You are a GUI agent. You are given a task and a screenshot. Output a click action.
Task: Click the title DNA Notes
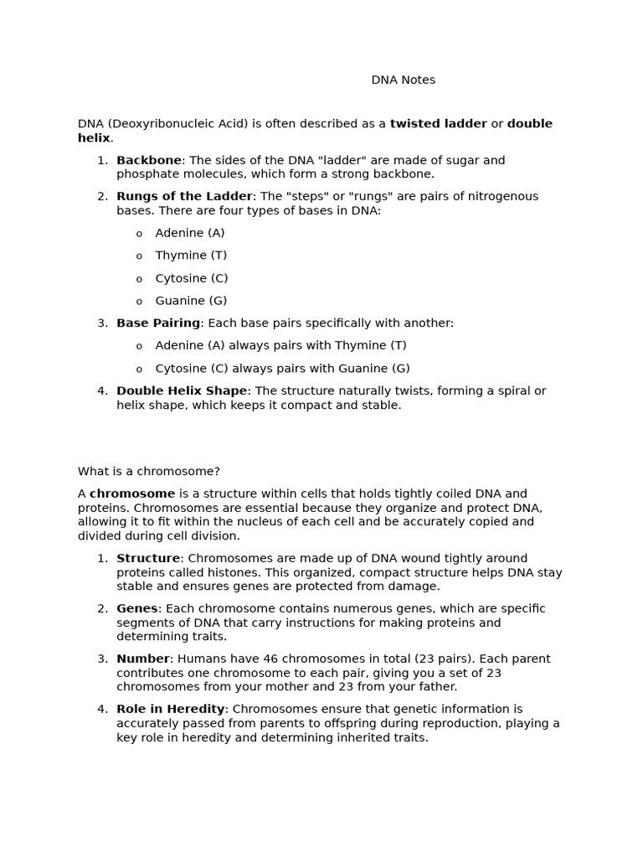pyautogui.click(x=403, y=80)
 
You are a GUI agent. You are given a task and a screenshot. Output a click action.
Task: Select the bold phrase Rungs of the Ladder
pyautogui.click(x=184, y=196)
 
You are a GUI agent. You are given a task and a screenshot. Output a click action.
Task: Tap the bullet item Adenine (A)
pyautogui.click(x=189, y=233)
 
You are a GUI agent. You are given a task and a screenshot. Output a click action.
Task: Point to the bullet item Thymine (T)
pyautogui.click(x=191, y=256)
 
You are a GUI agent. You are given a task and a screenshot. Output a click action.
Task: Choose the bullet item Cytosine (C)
pyautogui.click(x=191, y=278)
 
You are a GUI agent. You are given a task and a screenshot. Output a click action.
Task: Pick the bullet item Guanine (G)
pyautogui.click(x=191, y=301)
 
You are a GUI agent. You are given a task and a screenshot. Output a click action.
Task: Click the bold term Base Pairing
pyautogui.click(x=158, y=323)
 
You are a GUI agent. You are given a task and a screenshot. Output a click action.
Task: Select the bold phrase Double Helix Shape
pyautogui.click(x=182, y=390)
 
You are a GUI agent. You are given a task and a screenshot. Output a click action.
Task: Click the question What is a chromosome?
pyautogui.click(x=149, y=472)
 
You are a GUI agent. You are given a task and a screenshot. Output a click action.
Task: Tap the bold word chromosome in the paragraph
pyautogui.click(x=132, y=494)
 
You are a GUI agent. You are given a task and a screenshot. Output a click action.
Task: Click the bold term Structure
pyautogui.click(x=148, y=558)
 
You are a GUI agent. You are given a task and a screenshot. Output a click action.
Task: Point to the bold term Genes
pyautogui.click(x=137, y=608)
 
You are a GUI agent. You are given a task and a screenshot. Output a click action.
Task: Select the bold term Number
pyautogui.click(x=143, y=659)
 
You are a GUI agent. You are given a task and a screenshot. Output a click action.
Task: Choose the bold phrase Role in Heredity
pyautogui.click(x=171, y=709)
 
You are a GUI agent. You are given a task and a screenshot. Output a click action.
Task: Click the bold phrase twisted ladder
pyautogui.click(x=438, y=124)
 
